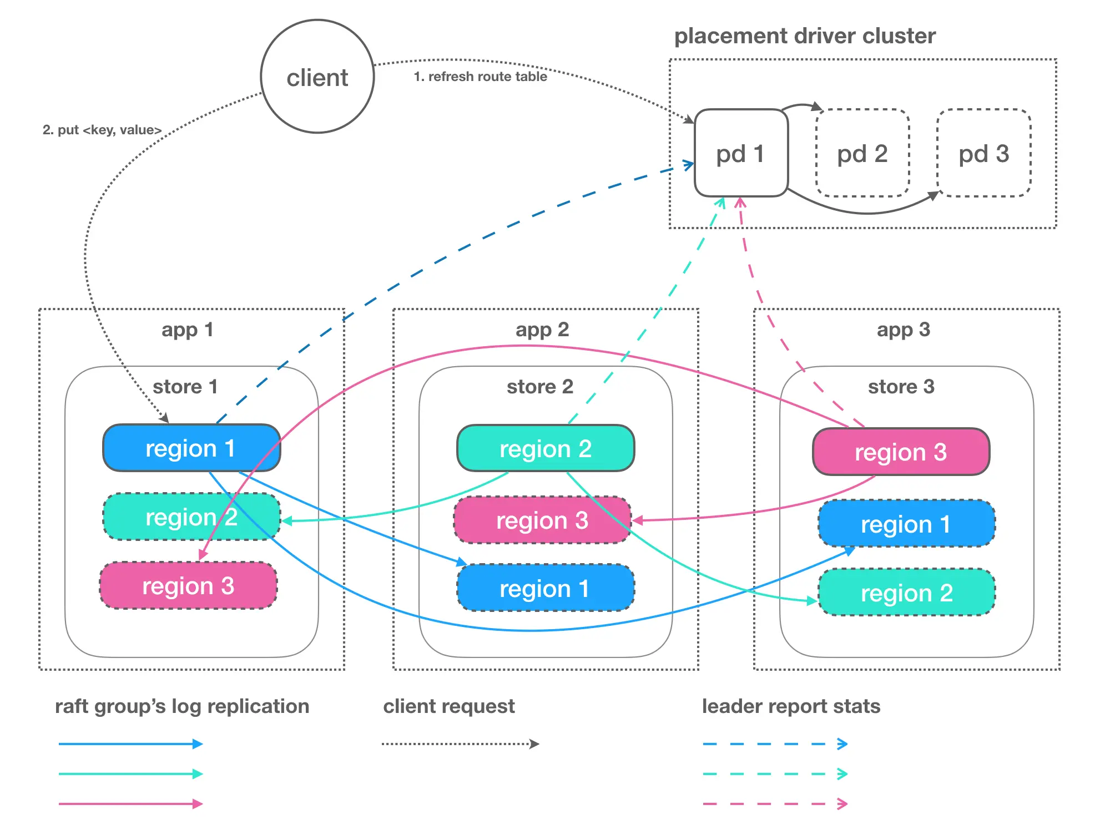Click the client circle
[317, 77]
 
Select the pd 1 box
[741, 153]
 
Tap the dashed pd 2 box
[862, 153]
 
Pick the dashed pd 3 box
[984, 153]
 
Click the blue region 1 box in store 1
[191, 448]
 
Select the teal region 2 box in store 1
[191, 517]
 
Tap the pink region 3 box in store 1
[188, 585]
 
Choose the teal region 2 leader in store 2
[546, 448]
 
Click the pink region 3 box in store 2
[542, 520]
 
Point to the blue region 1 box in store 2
[546, 588]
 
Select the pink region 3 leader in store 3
[901, 452]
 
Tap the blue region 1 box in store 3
[906, 524]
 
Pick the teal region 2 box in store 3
[906, 593]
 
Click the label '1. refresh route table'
[480, 77]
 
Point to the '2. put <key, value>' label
[102, 130]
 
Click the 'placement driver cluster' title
[805, 36]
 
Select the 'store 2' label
[539, 386]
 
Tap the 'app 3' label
[903, 330]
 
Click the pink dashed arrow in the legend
[775, 803]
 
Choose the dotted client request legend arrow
[460, 744]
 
